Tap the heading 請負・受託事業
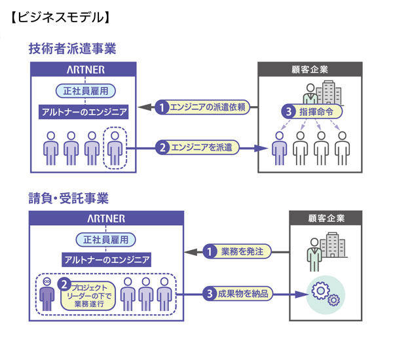click(68, 197)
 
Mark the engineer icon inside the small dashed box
click(115, 149)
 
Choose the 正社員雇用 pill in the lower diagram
click(105, 239)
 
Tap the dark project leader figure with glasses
click(47, 292)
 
